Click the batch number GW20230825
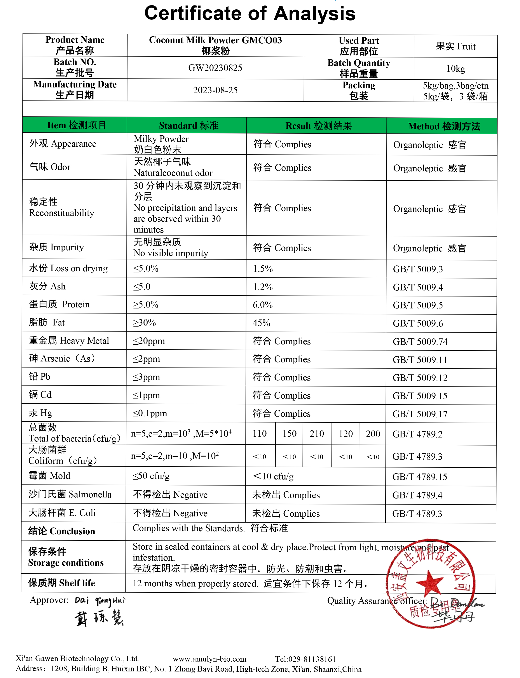(215, 68)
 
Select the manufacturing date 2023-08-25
(215, 90)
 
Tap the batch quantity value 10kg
(455, 68)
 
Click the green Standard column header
(188, 125)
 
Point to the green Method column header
(444, 126)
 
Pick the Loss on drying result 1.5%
(263, 269)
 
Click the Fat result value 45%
(261, 323)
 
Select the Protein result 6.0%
(262, 305)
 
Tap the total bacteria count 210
(317, 434)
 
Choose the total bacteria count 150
(289, 434)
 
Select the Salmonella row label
(70, 494)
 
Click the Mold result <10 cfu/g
(273, 476)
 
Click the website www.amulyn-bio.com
(209, 659)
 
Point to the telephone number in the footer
(305, 659)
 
